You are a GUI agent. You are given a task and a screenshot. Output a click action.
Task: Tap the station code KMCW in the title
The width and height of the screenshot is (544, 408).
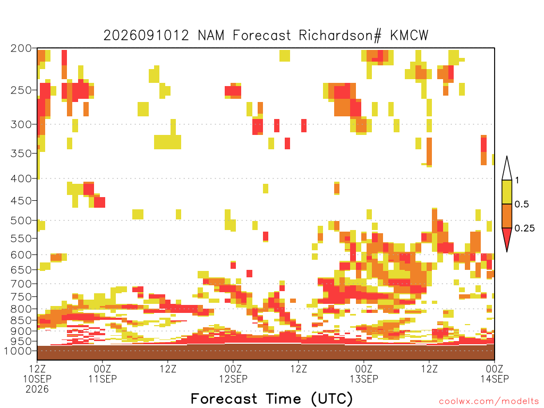click(410, 36)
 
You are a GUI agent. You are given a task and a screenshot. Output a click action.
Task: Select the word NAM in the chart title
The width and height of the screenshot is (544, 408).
click(211, 36)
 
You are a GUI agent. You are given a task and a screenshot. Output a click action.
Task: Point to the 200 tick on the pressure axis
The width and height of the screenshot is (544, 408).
click(21, 48)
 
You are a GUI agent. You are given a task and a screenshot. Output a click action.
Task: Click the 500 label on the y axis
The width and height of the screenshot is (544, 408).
click(21, 220)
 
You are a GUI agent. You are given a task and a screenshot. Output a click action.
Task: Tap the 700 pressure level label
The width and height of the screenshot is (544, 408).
click(21, 284)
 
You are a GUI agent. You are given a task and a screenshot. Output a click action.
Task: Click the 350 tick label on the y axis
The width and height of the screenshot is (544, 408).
click(21, 153)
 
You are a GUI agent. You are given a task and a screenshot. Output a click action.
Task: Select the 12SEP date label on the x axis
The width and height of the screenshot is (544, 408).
click(233, 378)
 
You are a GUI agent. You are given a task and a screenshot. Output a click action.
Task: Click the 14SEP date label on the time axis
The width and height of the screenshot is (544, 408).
click(495, 378)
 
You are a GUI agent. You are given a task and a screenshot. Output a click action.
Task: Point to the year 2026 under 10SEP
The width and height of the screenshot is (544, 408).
click(37, 389)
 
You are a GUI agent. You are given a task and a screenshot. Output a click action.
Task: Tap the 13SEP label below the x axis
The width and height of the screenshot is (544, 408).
click(363, 378)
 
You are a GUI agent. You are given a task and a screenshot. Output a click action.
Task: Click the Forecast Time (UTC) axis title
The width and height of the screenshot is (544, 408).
click(271, 398)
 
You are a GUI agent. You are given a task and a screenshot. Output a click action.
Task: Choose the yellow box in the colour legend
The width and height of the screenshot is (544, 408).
click(507, 192)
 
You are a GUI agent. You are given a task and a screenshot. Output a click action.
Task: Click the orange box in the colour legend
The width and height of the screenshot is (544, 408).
click(507, 216)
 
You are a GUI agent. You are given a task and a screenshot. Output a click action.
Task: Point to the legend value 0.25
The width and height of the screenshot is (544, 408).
click(524, 228)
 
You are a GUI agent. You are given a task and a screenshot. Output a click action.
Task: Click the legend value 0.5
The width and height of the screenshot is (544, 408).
click(522, 205)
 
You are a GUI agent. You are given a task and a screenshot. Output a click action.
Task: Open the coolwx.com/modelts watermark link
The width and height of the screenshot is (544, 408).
click(489, 402)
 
